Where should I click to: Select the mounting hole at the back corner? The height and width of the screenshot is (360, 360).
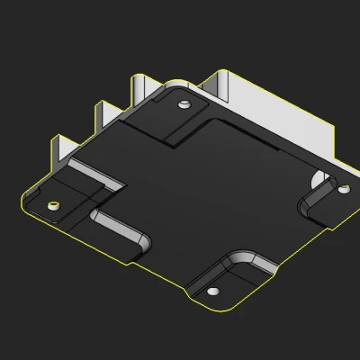184,104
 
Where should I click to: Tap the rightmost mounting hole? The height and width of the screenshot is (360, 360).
343,189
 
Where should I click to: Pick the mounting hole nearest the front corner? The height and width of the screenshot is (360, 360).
213,292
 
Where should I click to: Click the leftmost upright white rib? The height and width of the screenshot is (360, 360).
62,150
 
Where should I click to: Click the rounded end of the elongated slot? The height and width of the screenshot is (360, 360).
142,244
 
